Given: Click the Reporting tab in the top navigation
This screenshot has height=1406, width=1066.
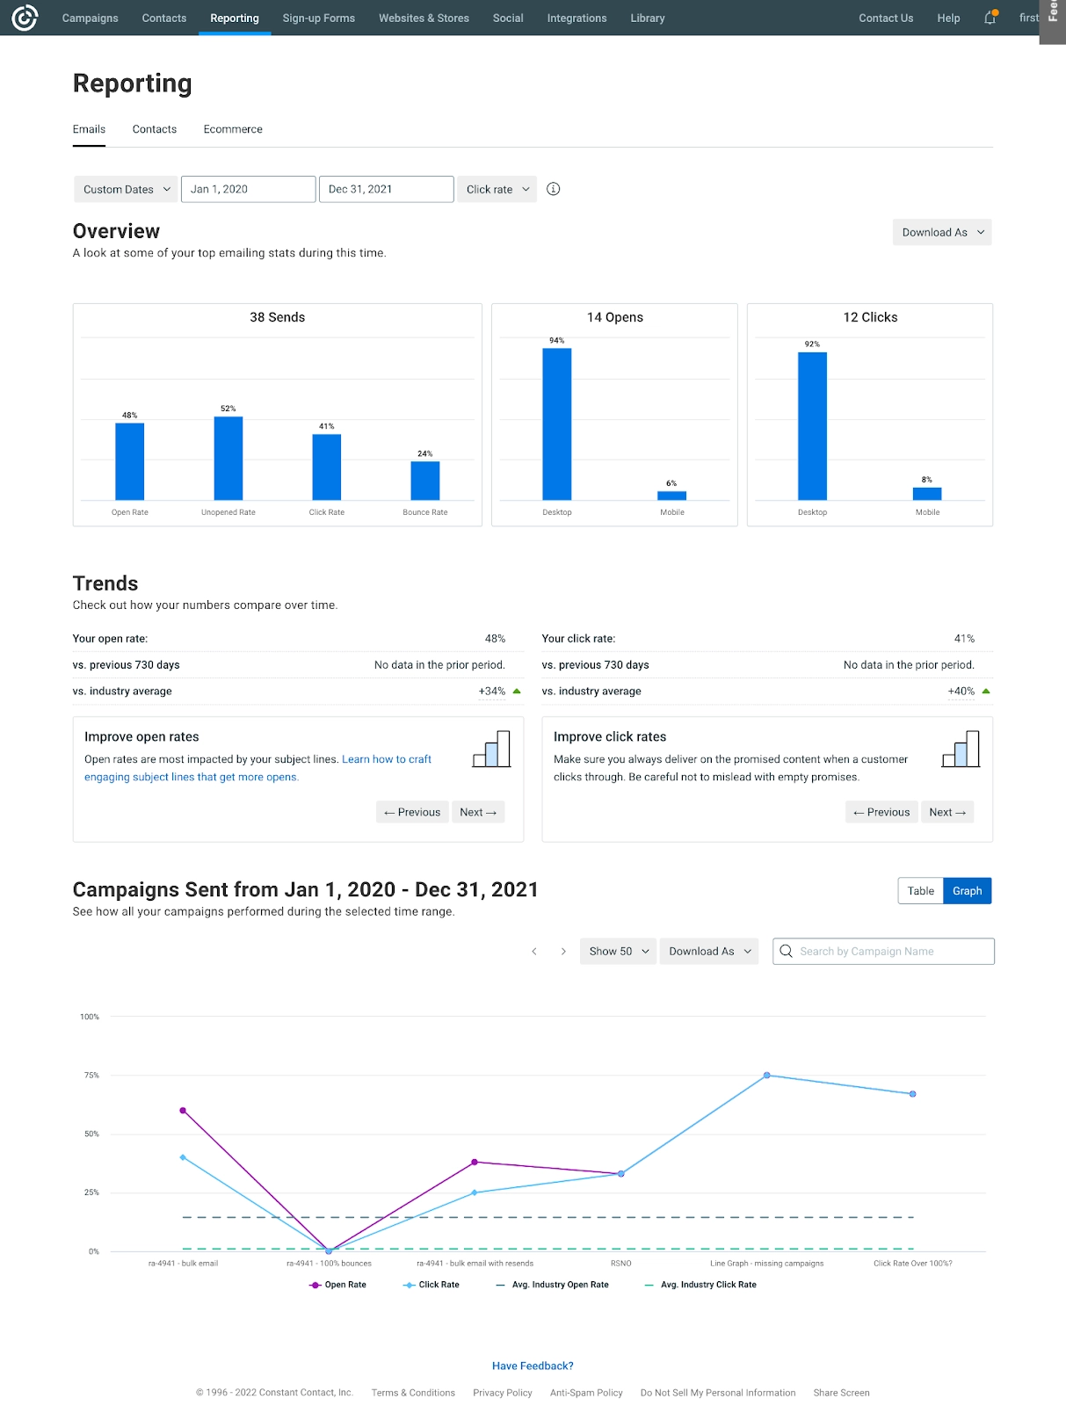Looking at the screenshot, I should [235, 18].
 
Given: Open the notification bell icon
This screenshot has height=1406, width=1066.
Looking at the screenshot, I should [990, 18].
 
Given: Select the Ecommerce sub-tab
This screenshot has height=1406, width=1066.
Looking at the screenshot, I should [233, 129].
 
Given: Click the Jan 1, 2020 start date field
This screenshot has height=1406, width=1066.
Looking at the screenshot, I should [248, 189].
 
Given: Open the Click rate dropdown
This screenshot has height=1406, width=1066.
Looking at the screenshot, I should [497, 189].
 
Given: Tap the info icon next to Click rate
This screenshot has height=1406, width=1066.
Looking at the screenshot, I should [554, 189].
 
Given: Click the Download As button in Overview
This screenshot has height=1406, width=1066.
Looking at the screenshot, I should [942, 232].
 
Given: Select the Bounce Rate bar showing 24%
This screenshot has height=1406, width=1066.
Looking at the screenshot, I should [425, 481].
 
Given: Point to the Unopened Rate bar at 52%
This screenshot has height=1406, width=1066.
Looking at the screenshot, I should [228, 458].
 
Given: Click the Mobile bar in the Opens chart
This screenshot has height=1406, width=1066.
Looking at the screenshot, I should [672, 496].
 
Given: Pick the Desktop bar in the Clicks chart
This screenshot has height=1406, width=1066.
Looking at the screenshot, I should [812, 426].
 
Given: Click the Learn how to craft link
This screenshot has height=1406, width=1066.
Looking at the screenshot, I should [387, 759].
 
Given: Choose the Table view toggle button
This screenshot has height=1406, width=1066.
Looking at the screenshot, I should [920, 891].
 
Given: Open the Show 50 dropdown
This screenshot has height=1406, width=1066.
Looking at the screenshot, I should [618, 951].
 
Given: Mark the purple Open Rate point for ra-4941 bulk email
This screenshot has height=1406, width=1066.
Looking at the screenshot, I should [183, 1111].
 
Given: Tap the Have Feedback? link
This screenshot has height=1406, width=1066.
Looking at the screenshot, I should [533, 1366].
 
